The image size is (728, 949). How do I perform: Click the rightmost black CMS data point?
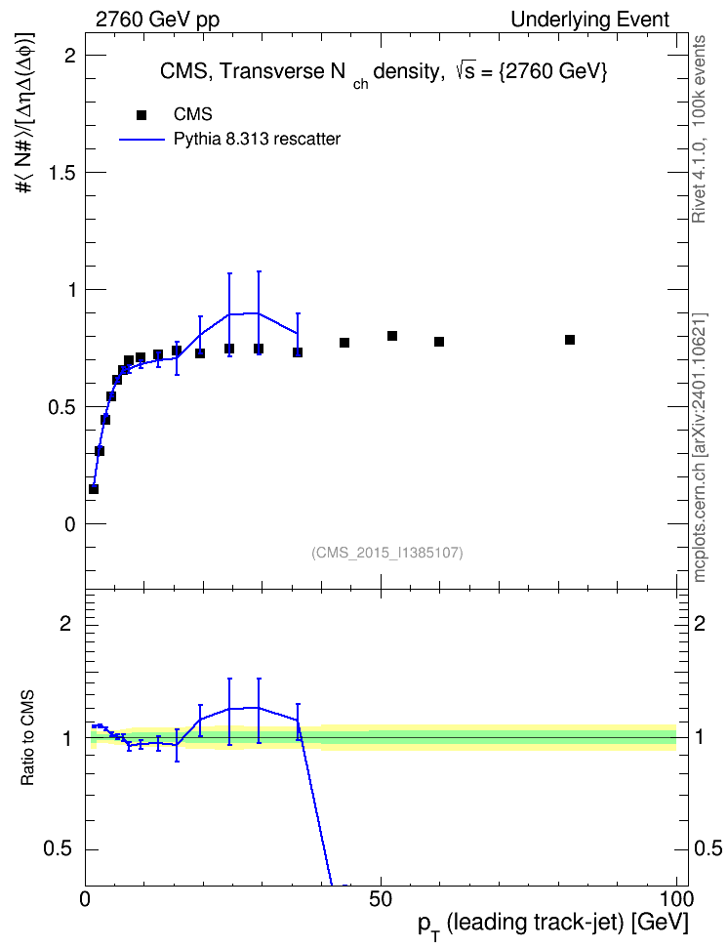pos(570,340)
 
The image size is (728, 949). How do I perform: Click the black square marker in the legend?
pos(142,115)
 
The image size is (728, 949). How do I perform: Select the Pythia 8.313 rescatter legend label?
pos(258,139)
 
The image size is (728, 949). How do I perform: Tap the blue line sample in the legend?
pos(142,140)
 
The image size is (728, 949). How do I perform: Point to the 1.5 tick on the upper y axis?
pos(62,173)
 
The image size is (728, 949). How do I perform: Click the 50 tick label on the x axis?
pos(381,899)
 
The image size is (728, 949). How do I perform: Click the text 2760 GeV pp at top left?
pos(157,20)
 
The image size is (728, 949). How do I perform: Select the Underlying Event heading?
pos(590,20)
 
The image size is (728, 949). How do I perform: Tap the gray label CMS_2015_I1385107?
pos(387,553)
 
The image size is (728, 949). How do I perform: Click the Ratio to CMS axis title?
pos(27,737)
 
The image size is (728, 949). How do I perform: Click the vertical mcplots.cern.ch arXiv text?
pos(700,448)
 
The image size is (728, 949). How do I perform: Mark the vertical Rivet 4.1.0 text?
pos(699,129)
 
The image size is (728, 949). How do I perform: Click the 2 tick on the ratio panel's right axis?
pos(700,623)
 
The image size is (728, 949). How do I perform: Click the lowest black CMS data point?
pos(93,489)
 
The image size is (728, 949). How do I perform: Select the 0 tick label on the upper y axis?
pos(70,524)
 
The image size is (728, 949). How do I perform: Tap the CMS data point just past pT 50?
pos(392,336)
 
